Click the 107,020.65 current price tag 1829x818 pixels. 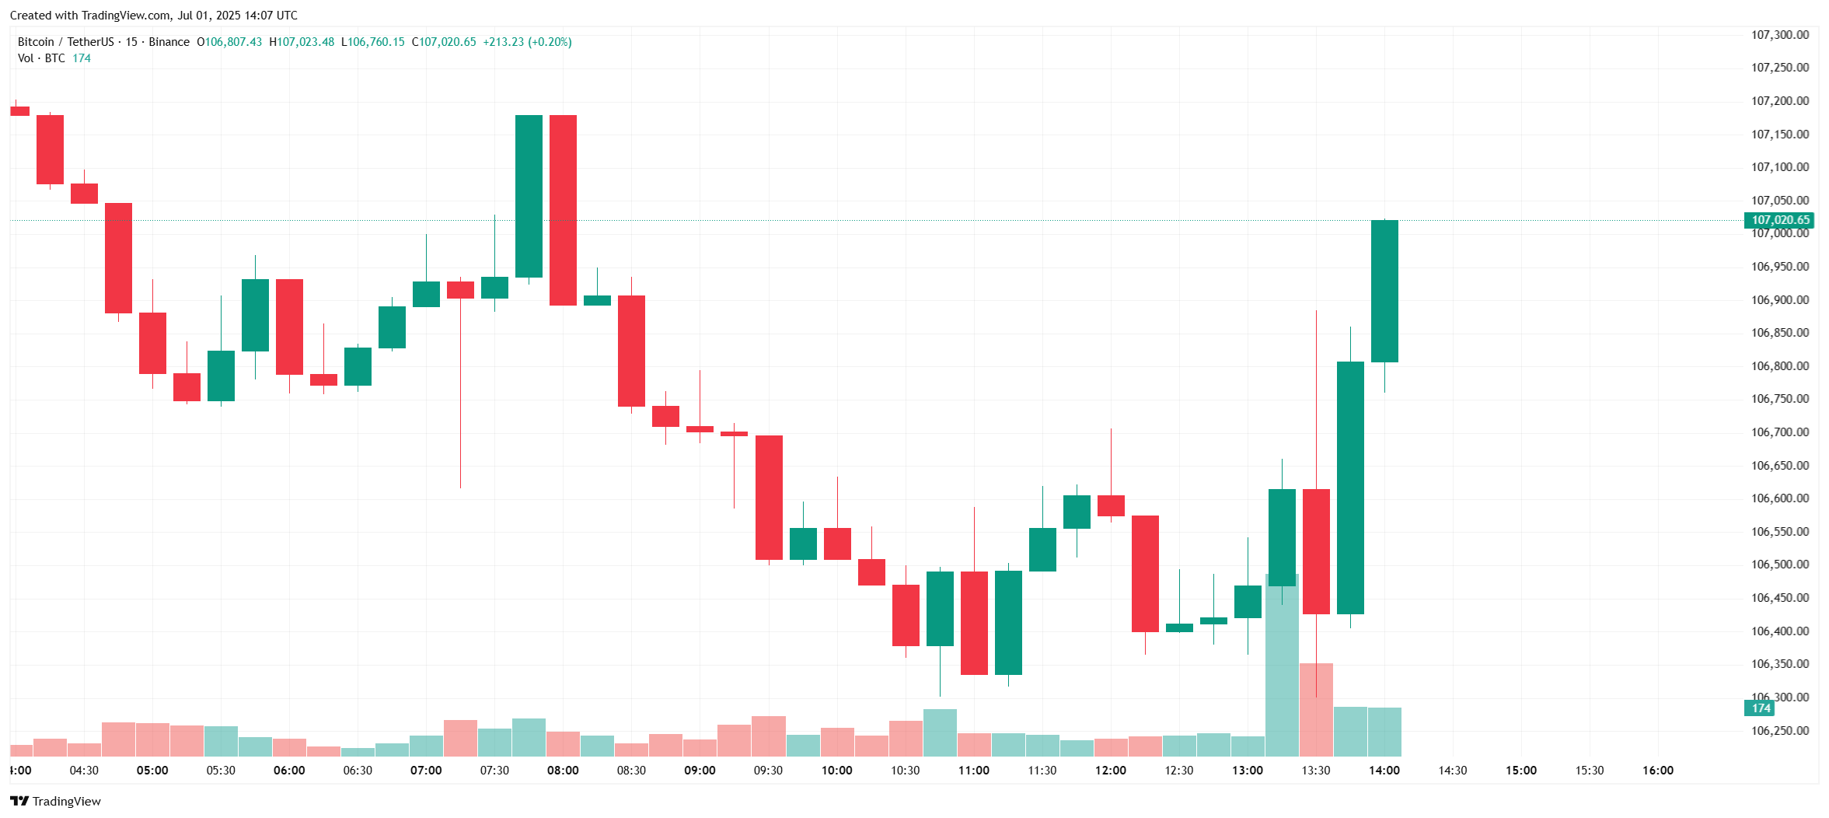point(1780,220)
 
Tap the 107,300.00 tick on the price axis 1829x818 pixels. point(1779,35)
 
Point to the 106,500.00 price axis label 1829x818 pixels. point(1779,565)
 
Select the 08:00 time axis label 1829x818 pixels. point(563,771)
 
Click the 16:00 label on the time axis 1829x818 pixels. point(1657,771)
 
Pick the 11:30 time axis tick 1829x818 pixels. point(1042,771)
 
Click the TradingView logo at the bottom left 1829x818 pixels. point(55,801)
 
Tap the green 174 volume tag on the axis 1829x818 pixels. point(1760,708)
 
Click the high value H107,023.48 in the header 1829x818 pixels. point(302,42)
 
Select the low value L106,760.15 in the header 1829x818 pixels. point(373,42)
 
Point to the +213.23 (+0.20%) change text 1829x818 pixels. point(527,42)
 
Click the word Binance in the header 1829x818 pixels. point(169,42)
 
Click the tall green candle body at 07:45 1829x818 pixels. point(529,196)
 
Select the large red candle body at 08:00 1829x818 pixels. point(563,210)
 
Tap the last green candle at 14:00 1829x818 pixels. point(1384,291)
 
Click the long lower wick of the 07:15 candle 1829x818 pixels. point(460,397)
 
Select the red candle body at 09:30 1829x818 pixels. point(769,498)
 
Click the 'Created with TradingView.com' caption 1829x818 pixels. point(154,16)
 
